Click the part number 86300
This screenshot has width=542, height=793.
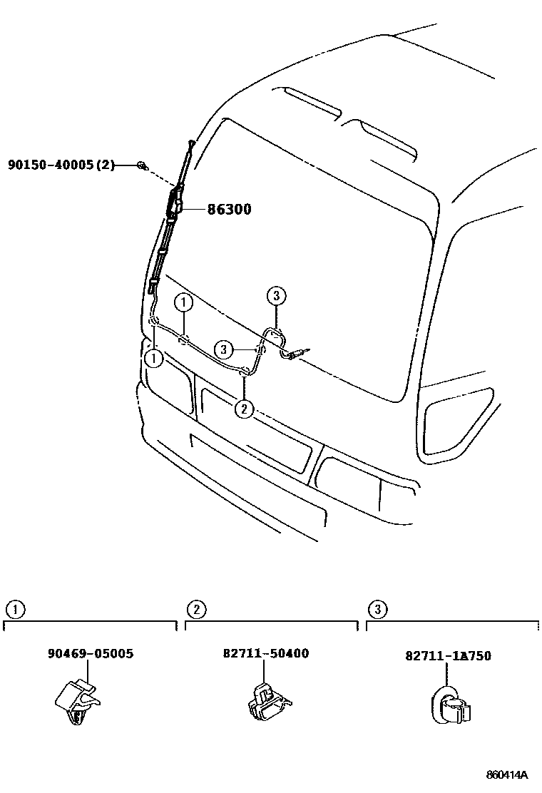229,210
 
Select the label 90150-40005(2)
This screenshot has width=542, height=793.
61,165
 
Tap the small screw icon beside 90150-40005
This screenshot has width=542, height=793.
142,166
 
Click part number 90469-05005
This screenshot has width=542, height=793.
91,653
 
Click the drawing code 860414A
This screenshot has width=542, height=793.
508,774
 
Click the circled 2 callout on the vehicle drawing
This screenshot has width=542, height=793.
244,409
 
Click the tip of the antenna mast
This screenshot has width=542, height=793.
192,142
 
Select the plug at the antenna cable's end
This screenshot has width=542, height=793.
303,351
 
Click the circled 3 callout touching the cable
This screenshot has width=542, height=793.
224,349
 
